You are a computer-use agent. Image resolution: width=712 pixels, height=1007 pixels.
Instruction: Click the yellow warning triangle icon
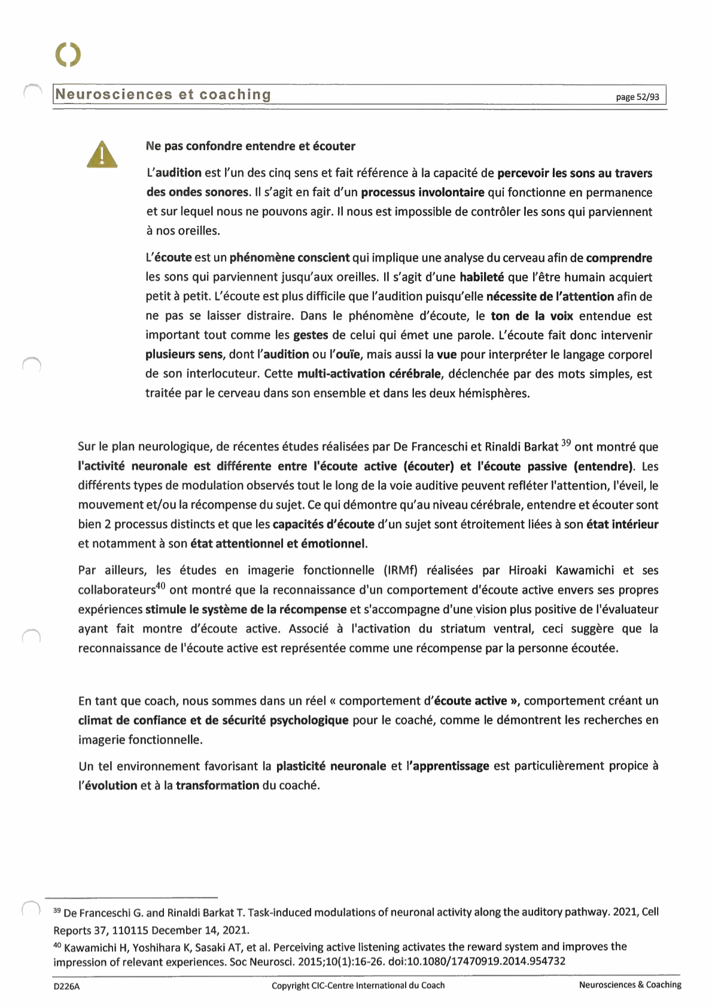coord(102,154)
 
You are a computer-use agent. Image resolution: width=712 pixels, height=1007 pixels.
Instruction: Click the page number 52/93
coord(638,97)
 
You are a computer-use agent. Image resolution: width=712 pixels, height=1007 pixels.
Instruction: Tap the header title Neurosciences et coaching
coord(163,95)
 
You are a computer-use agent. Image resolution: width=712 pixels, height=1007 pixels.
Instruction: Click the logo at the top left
coord(68,54)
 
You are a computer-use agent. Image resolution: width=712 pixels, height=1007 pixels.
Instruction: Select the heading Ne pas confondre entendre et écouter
coord(250,146)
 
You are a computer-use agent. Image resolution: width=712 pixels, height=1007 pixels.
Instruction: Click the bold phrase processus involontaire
coord(422,193)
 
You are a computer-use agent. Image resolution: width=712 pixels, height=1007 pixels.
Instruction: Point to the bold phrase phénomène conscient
coord(290,258)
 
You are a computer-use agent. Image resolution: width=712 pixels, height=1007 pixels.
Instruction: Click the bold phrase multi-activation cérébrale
coord(369,374)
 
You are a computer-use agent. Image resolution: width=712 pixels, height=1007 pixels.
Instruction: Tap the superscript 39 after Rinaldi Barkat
coord(565,444)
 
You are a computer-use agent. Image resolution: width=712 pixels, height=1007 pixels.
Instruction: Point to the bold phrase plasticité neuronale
coord(331,766)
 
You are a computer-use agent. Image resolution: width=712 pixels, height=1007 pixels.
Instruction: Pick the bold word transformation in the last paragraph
coord(217,786)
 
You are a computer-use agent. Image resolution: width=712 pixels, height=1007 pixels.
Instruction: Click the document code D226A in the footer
coord(66,986)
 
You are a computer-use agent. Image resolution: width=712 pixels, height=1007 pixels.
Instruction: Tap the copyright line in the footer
coord(358,985)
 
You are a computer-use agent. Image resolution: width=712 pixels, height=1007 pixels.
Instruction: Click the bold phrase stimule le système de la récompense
coord(246,610)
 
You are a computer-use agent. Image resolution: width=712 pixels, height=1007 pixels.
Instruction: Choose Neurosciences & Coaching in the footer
coord(629,985)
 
